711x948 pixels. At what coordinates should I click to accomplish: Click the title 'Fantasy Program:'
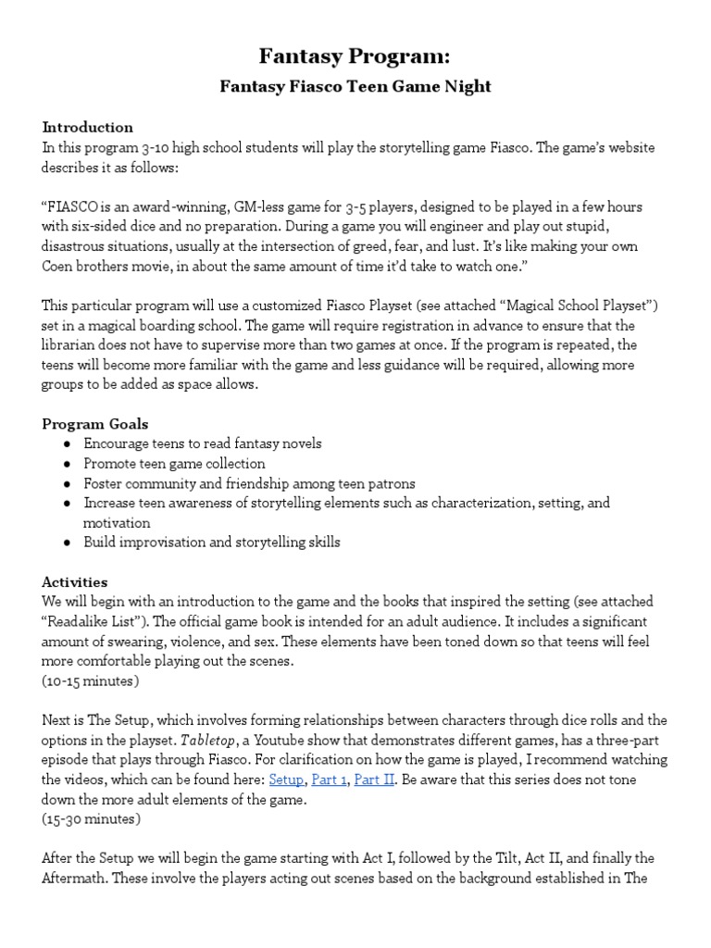(355, 56)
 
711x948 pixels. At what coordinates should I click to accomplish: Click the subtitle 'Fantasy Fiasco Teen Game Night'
(355, 87)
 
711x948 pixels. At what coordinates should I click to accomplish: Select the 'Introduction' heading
(88, 127)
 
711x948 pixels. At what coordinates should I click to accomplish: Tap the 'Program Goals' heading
(94, 424)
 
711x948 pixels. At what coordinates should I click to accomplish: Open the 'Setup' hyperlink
(286, 780)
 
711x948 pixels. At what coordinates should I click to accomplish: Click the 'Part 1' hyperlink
(329, 780)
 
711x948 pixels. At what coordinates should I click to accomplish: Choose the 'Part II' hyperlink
(375, 780)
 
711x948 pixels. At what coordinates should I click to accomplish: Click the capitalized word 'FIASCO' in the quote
(75, 206)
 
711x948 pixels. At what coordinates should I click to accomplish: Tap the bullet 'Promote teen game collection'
(174, 463)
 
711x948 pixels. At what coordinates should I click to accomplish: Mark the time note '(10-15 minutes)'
(91, 680)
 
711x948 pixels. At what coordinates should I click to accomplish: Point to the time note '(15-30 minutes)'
(91, 819)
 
